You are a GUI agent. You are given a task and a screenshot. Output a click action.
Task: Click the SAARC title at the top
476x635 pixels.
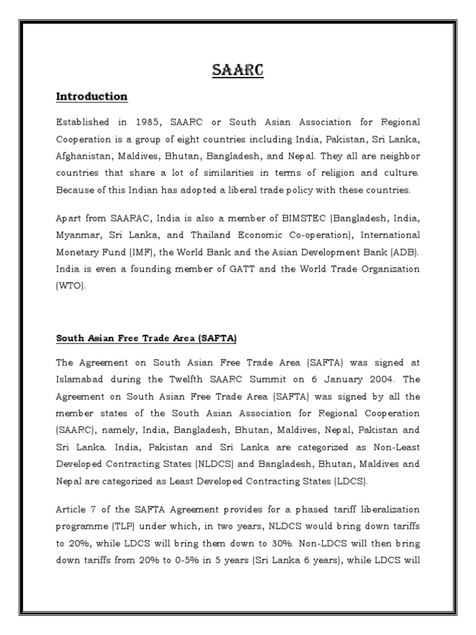pyautogui.click(x=237, y=71)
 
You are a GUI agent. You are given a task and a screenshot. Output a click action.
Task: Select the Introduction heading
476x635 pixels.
pyautogui.click(x=92, y=97)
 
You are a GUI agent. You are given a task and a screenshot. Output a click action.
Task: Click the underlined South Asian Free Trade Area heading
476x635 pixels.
pyautogui.click(x=147, y=339)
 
